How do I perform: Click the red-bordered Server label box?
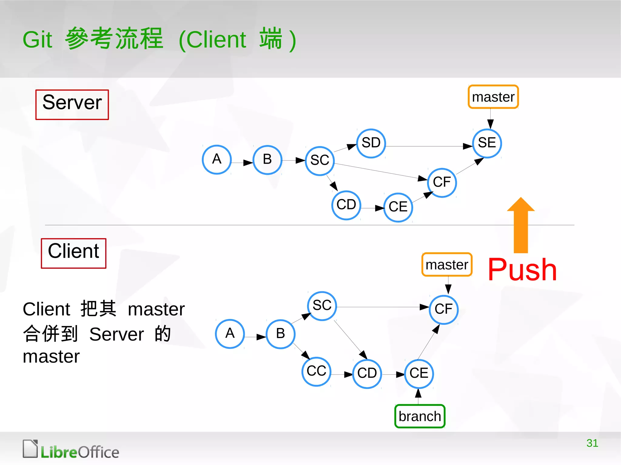click(x=72, y=105)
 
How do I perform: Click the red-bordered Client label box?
click(x=74, y=253)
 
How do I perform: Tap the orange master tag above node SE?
click(x=493, y=97)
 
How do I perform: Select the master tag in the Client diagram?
click(x=447, y=264)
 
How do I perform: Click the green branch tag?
click(x=420, y=416)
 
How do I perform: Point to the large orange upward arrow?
click(x=521, y=226)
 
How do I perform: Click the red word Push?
click(x=522, y=270)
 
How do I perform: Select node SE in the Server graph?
click(x=487, y=143)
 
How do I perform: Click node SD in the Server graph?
click(x=371, y=143)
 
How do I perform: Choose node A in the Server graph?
click(x=217, y=160)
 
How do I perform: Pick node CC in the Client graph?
click(x=316, y=371)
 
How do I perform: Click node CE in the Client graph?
click(x=419, y=374)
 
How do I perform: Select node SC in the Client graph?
click(x=322, y=306)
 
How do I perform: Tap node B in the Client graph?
click(x=280, y=334)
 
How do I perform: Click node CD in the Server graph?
click(x=346, y=205)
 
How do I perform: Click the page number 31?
click(x=592, y=443)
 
